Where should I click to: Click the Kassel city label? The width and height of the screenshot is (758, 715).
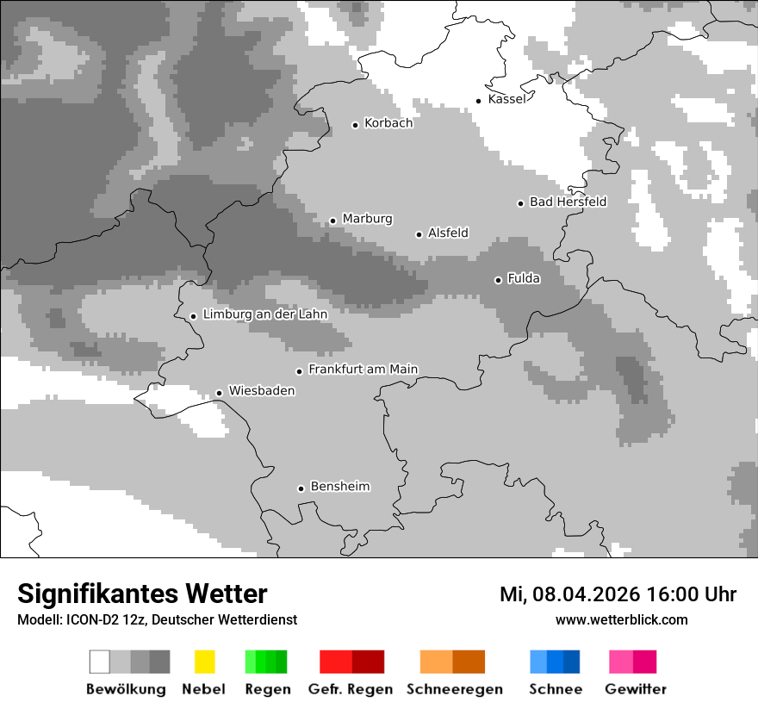pos(506,99)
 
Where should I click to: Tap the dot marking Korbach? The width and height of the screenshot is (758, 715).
pos(355,125)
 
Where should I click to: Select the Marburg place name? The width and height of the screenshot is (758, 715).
pos(367,219)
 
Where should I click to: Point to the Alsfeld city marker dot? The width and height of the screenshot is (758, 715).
pos(419,234)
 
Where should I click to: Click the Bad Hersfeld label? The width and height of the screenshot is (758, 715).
pos(568,202)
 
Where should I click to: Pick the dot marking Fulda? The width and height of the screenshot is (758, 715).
pos(498,280)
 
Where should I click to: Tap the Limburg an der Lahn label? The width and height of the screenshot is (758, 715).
pos(264,314)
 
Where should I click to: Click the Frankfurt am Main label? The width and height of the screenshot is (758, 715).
pos(363,369)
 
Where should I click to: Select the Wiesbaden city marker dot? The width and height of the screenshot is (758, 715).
pos(219,393)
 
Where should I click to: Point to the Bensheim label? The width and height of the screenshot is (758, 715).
pos(339,487)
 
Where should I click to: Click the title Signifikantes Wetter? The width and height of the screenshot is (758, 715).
pos(142,594)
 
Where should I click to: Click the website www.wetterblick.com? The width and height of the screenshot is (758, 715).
pos(621,619)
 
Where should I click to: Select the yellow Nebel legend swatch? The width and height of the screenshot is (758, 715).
pos(204,662)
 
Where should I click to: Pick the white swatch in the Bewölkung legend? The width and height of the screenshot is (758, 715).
pos(100,662)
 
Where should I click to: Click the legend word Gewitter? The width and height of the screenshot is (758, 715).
pos(635,689)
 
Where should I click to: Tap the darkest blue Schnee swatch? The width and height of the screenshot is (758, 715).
pos(572,662)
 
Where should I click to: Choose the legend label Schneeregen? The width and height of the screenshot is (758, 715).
pos(454,689)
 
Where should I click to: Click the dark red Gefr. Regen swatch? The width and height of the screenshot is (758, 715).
pos(368,662)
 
